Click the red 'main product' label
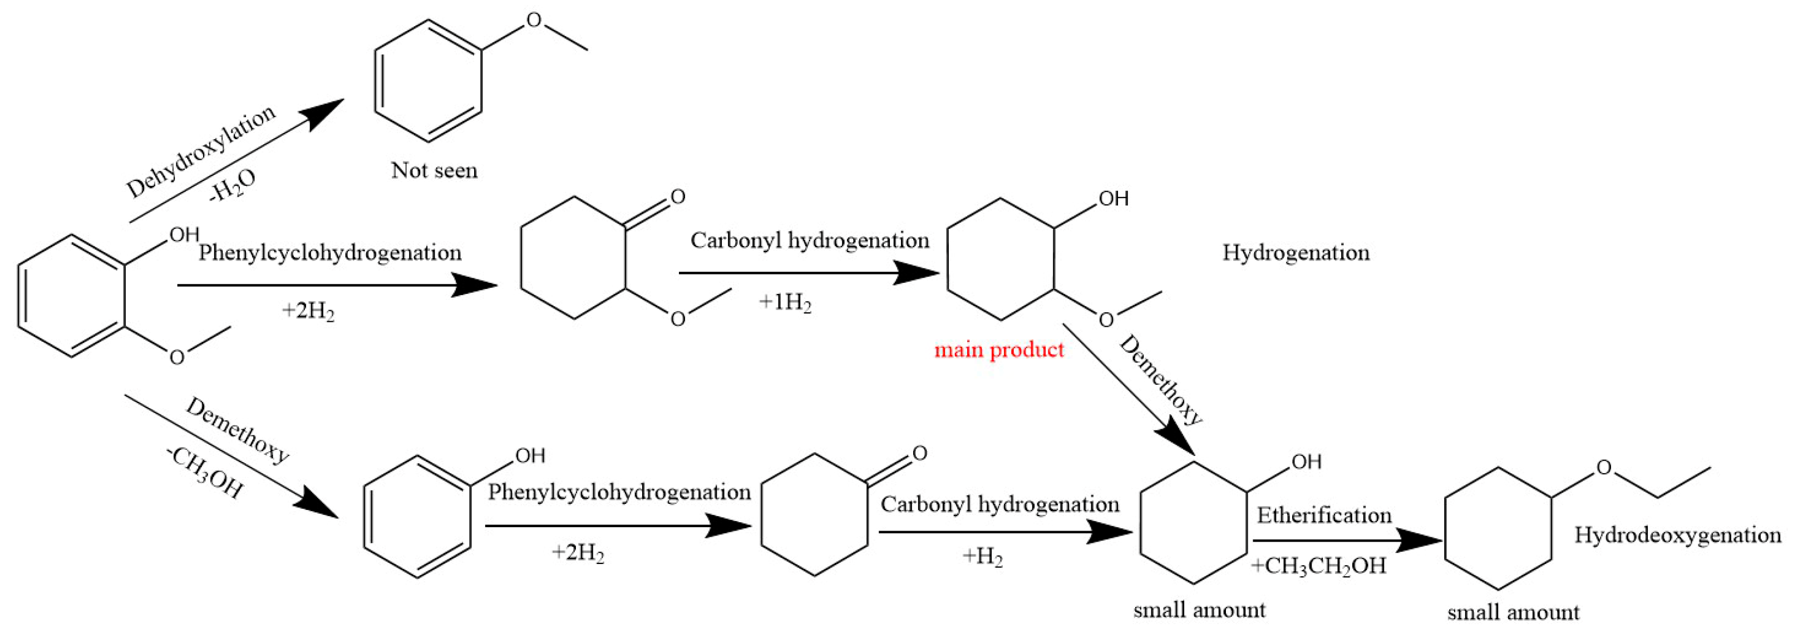998,349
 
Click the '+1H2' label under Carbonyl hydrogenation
785,302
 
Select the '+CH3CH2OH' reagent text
1318,566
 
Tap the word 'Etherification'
1324,516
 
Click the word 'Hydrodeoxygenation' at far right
1677,535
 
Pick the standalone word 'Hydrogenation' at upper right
1296,252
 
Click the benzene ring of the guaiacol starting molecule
72,296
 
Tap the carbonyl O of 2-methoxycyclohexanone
677,197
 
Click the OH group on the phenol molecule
530,455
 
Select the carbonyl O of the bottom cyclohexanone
919,453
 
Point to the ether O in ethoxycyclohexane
1603,467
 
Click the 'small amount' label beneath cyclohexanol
1199,610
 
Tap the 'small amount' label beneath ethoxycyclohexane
1513,613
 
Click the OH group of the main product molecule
1113,199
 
